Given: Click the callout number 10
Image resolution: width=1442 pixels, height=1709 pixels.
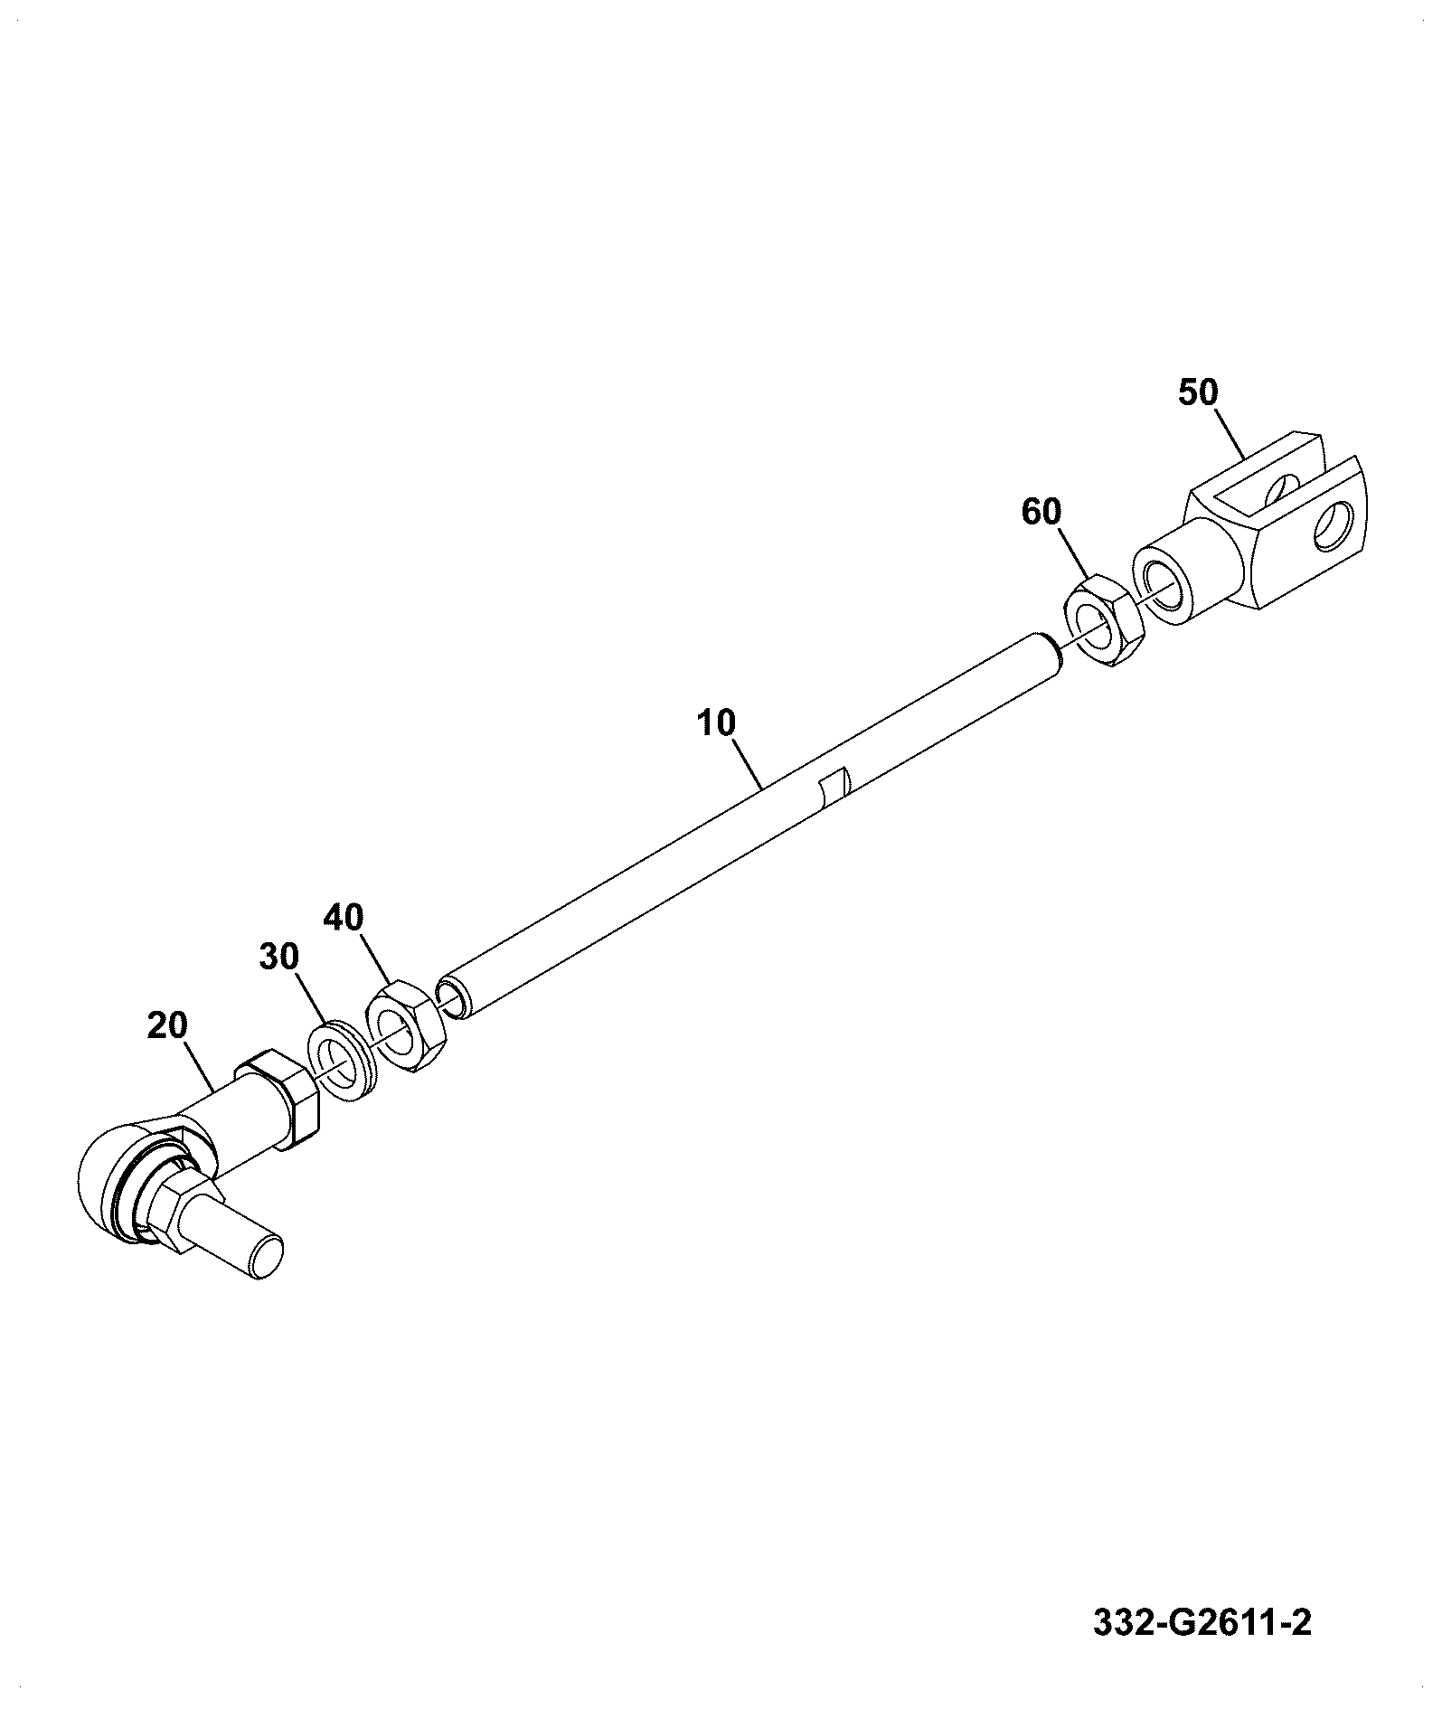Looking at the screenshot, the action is pos(717,722).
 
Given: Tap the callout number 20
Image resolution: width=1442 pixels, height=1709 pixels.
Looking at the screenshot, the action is pos(167,1025).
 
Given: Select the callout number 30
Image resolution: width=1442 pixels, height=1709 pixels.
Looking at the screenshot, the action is pos(279,957).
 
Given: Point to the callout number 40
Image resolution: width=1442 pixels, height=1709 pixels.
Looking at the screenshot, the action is pos(344,918).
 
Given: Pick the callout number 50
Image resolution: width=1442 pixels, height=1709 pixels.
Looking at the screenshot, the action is pos(1198,392).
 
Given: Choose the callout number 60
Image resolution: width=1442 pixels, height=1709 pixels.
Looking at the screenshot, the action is pos(1041,511).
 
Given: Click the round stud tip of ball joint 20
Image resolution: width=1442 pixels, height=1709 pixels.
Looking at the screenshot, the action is pos(266,1259).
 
